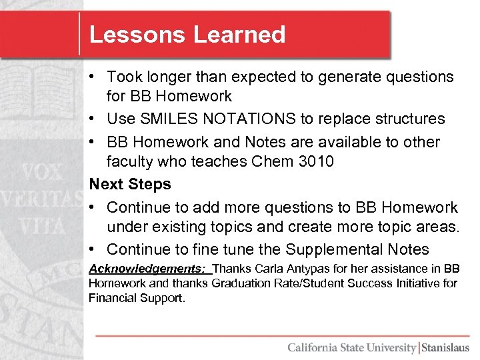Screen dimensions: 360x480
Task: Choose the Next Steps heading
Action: (130, 184)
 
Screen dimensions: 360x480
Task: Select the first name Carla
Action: (264, 269)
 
